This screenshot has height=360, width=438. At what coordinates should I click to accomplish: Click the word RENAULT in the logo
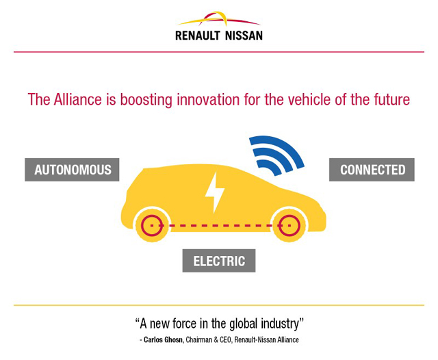(x=198, y=36)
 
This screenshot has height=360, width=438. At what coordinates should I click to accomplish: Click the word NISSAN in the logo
(x=244, y=36)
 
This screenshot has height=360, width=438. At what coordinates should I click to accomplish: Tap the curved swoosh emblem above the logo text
(x=219, y=19)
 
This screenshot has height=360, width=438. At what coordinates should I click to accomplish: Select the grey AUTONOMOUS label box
(x=72, y=170)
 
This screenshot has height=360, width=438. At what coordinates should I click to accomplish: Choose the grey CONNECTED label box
(x=372, y=170)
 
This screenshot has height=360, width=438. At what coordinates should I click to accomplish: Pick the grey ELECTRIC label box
(x=219, y=261)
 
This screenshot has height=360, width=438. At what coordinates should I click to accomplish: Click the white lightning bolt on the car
(x=214, y=192)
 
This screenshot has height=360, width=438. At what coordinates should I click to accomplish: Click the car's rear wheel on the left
(x=152, y=225)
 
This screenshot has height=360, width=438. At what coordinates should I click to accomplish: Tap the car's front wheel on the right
(x=289, y=225)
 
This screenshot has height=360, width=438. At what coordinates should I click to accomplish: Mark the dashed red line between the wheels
(x=220, y=225)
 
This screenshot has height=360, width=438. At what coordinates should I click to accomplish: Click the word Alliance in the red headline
(x=78, y=99)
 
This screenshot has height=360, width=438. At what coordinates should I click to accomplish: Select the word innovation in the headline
(x=208, y=99)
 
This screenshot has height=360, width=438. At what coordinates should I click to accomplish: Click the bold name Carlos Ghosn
(x=163, y=339)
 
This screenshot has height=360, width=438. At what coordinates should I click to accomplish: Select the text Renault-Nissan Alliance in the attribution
(x=266, y=339)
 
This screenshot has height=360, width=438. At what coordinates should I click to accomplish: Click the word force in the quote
(x=184, y=324)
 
